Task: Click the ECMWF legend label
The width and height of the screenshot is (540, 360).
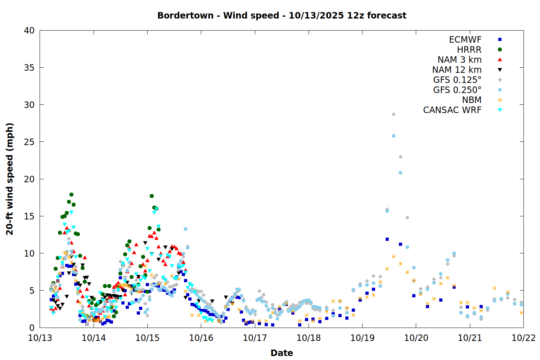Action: click(x=465, y=40)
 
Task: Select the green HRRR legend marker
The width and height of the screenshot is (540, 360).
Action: click(x=500, y=50)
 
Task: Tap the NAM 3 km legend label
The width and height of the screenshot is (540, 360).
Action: click(x=459, y=60)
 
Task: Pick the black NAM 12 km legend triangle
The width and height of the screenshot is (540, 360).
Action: click(x=500, y=70)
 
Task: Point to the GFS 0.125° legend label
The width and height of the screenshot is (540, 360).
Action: click(x=457, y=80)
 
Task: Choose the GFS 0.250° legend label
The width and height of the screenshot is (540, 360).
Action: click(x=457, y=90)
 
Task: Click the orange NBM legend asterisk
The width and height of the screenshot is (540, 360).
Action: click(x=500, y=100)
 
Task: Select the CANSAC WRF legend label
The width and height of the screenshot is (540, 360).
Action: click(x=452, y=110)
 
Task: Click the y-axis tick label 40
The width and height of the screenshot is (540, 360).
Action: click(x=29, y=31)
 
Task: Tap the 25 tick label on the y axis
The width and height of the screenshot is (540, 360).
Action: click(x=29, y=142)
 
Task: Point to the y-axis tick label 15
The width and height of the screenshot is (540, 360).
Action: click(x=29, y=216)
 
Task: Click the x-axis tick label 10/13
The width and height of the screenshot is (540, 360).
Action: click(x=40, y=338)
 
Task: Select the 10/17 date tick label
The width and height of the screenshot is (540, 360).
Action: click(x=255, y=338)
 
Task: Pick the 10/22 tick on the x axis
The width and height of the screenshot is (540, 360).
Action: click(x=523, y=338)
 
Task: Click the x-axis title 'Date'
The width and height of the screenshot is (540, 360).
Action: click(x=282, y=353)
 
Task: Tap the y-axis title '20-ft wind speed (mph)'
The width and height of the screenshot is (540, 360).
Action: click(x=10, y=179)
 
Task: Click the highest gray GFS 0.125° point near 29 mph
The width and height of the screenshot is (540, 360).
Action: click(x=393, y=114)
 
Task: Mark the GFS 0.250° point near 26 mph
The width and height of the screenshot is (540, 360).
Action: click(x=393, y=136)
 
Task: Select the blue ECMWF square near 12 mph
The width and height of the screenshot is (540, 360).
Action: click(x=387, y=239)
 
